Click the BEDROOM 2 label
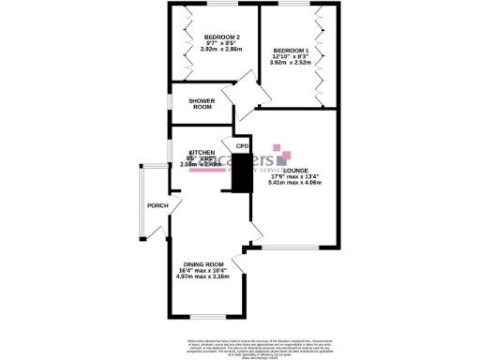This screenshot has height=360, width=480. click(216, 37)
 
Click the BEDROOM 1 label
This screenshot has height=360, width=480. click(290, 50)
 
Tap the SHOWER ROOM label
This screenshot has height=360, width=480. click(202, 103)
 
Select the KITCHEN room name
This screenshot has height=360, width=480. click(202, 152)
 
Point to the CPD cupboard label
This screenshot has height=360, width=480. click(241, 146)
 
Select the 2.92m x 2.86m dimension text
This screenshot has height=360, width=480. click(221, 49)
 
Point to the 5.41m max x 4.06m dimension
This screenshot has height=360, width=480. click(294, 183)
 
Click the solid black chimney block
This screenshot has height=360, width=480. click(242, 172)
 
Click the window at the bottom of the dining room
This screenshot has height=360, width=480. click(201, 316)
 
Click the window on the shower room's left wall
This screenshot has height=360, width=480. click(169, 99)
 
